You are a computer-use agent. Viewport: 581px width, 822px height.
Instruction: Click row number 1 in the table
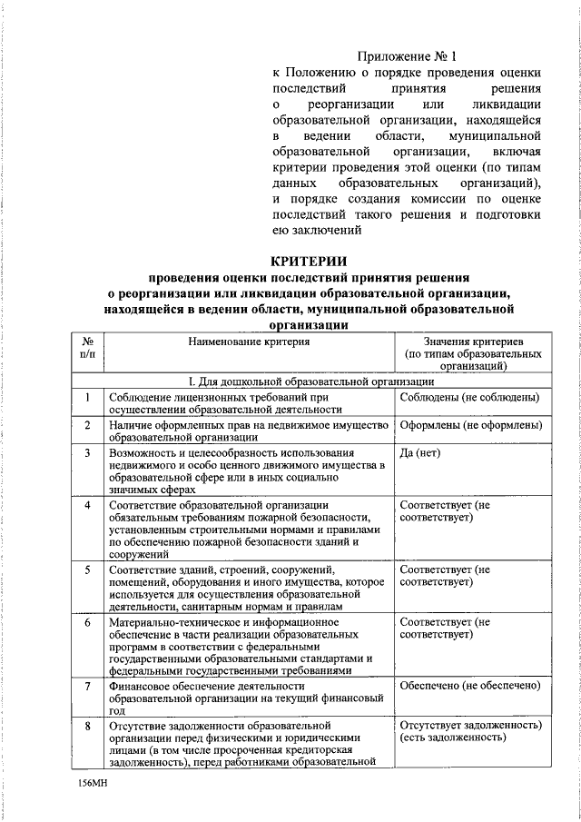coord(87,397)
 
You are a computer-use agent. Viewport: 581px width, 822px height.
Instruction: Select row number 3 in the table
coord(87,453)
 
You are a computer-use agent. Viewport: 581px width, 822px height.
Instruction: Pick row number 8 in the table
coord(87,727)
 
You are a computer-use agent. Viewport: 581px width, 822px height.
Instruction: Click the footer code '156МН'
coord(93,781)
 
